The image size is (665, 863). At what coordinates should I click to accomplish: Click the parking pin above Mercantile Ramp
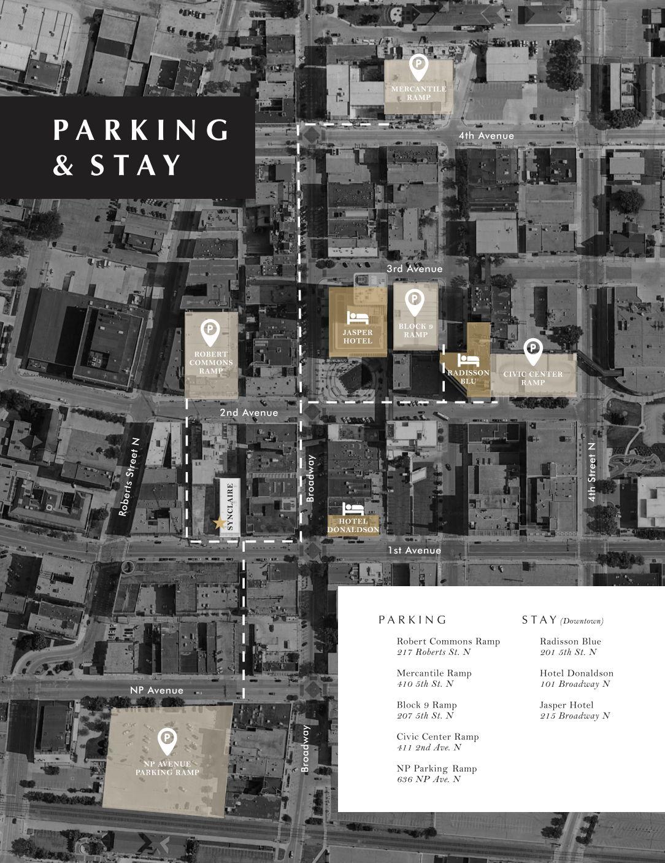[418, 68]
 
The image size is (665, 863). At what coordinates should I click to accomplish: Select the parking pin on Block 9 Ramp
[415, 301]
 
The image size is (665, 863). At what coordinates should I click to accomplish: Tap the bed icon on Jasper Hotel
[357, 318]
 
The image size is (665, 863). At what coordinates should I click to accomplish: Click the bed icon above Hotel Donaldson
[353, 508]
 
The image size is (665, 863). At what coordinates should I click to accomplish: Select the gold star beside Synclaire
[218, 524]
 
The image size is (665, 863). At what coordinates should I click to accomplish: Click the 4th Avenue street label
[486, 136]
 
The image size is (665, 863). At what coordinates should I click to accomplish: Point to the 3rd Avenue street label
[414, 269]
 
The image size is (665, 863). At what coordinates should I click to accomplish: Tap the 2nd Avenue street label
[249, 413]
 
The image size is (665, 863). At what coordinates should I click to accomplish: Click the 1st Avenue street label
[414, 551]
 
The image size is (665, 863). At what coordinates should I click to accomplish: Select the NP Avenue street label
[156, 690]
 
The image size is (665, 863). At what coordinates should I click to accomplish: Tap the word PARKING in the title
[141, 130]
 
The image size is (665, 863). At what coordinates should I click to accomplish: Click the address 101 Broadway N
[574, 684]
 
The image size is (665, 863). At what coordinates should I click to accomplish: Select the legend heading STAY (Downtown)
[563, 620]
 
